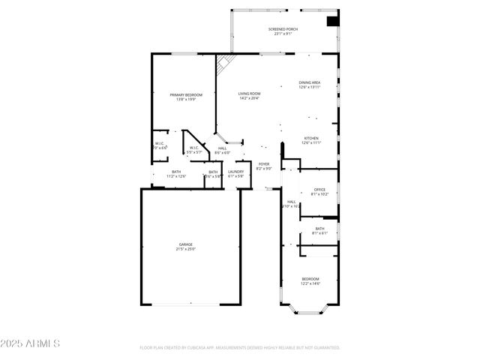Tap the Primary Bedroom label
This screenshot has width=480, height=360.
point(186,95)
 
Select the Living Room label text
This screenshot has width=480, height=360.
point(249,93)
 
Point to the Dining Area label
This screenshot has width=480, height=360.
point(310,82)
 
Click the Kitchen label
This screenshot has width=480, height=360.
point(310,138)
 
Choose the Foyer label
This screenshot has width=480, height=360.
point(264,163)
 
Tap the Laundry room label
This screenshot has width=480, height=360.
point(235,172)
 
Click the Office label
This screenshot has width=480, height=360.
point(319,189)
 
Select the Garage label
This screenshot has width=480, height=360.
point(185,244)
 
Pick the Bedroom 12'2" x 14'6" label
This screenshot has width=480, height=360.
point(310,278)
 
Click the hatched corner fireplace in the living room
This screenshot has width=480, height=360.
point(222,66)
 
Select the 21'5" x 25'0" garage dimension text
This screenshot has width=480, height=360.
point(185,249)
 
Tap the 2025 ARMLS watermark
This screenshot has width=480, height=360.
point(30,343)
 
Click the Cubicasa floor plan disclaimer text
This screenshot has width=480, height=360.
point(240,348)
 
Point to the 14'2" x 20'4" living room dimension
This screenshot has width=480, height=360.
point(249,98)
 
